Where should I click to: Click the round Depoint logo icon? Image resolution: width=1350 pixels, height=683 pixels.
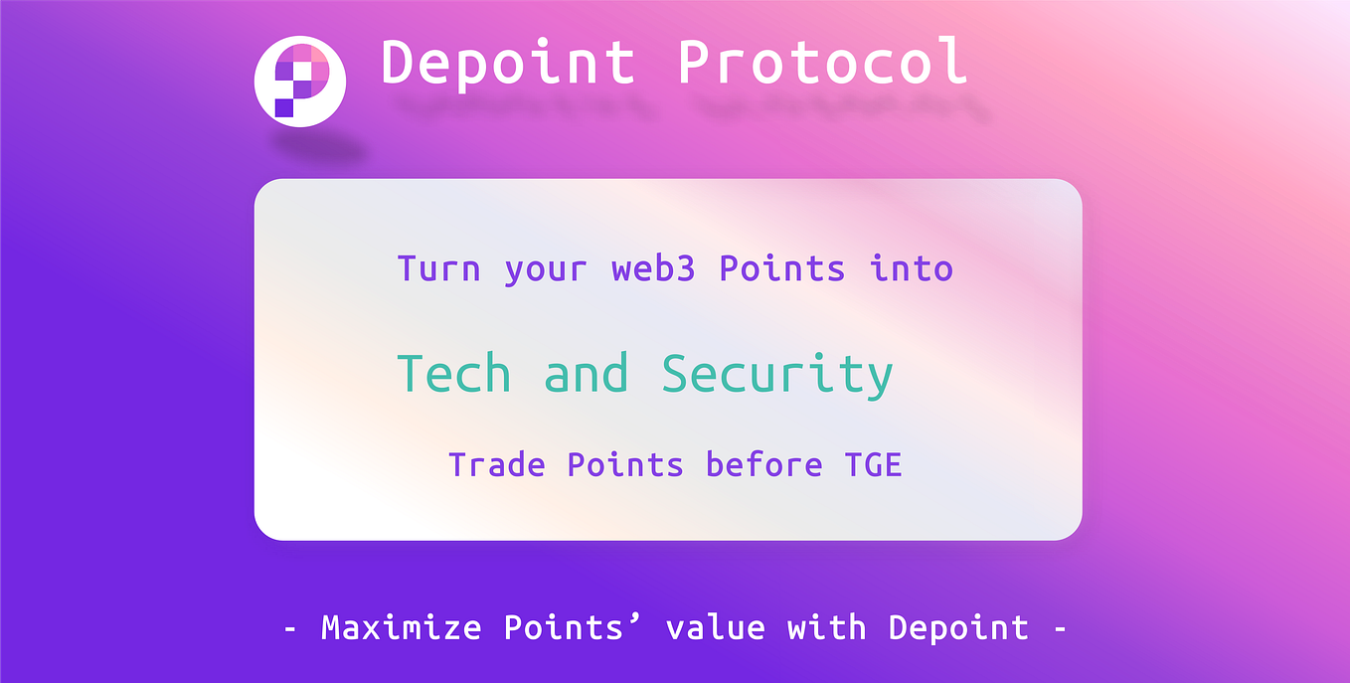[299, 82]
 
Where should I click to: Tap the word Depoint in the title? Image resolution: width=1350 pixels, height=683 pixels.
[508, 62]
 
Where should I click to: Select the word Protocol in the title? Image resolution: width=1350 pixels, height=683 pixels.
[822, 62]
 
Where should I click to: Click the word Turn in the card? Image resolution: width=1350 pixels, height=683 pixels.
[438, 268]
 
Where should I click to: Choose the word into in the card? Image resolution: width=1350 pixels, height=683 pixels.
[912, 268]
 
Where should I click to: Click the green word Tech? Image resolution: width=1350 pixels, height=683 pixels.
[454, 374]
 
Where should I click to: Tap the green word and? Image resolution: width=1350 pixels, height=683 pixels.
[587, 374]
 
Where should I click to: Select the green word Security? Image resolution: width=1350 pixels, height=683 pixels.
[777, 376]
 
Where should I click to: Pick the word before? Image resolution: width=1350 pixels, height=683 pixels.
[764, 464]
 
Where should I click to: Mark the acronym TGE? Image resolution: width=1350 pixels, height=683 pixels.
[874, 464]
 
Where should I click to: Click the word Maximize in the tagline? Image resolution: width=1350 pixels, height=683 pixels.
[401, 627]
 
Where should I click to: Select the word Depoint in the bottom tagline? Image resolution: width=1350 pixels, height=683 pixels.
[958, 627]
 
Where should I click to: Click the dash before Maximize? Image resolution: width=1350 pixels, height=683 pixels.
[290, 629]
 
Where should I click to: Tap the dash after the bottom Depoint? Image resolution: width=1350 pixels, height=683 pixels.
[1059, 629]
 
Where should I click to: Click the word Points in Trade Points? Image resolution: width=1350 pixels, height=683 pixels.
[625, 464]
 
